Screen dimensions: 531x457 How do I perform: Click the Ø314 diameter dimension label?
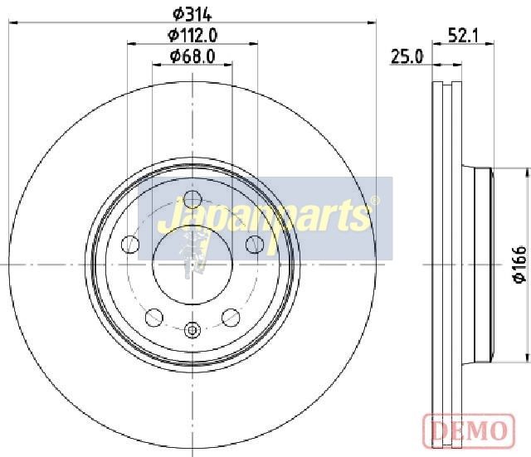[x=192, y=14]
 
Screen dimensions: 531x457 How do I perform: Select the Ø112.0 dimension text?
[x=192, y=35]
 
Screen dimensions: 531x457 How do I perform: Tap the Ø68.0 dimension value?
[x=192, y=56]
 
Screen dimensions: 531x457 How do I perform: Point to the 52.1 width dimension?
[x=463, y=35]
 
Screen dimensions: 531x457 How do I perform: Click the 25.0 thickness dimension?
[x=407, y=56]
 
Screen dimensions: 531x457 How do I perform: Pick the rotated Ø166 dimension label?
[x=519, y=265]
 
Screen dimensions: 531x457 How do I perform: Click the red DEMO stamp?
[x=469, y=430]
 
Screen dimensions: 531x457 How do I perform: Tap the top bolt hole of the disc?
[x=192, y=199]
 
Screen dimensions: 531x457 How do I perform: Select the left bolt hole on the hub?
[x=130, y=245]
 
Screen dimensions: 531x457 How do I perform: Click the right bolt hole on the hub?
[x=255, y=245]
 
